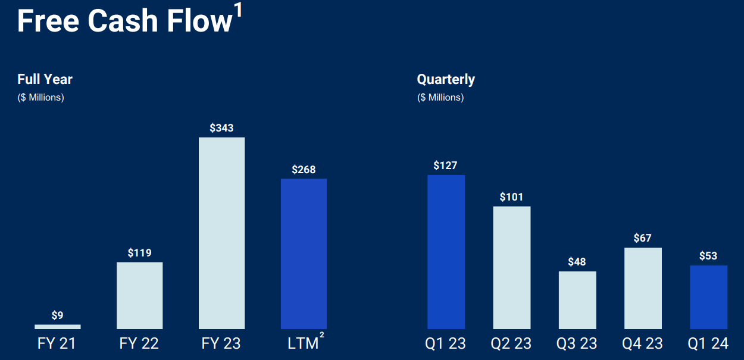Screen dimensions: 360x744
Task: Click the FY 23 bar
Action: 221,233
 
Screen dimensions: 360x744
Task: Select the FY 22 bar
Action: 139,295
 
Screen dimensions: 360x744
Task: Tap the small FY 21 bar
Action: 57,327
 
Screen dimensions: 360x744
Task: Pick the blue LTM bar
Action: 304,253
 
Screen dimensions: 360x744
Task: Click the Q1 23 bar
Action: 446,252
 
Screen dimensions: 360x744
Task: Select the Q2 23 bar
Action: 511,267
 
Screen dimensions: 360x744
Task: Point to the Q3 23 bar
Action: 577,300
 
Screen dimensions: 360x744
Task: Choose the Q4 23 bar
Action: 643,288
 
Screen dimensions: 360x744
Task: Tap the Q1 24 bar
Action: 708,297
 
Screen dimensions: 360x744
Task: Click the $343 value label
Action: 221,128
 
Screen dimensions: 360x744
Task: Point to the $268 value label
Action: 304,170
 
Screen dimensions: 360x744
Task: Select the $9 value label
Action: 57,315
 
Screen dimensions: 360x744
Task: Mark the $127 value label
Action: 446,165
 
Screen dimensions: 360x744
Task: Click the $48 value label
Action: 577,262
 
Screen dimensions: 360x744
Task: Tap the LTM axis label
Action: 304,343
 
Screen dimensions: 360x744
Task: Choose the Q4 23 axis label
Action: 643,343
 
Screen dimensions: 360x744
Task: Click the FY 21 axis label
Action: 57,343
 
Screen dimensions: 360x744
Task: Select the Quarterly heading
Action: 446,79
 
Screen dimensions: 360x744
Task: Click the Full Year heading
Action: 45,79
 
